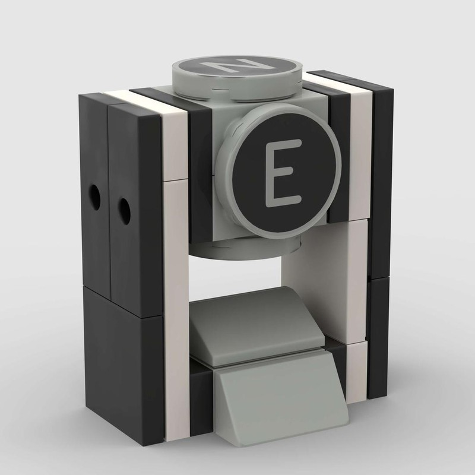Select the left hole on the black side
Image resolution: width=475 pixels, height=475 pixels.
pos(94,197)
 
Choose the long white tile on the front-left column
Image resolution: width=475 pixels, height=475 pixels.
pos(176,309)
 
